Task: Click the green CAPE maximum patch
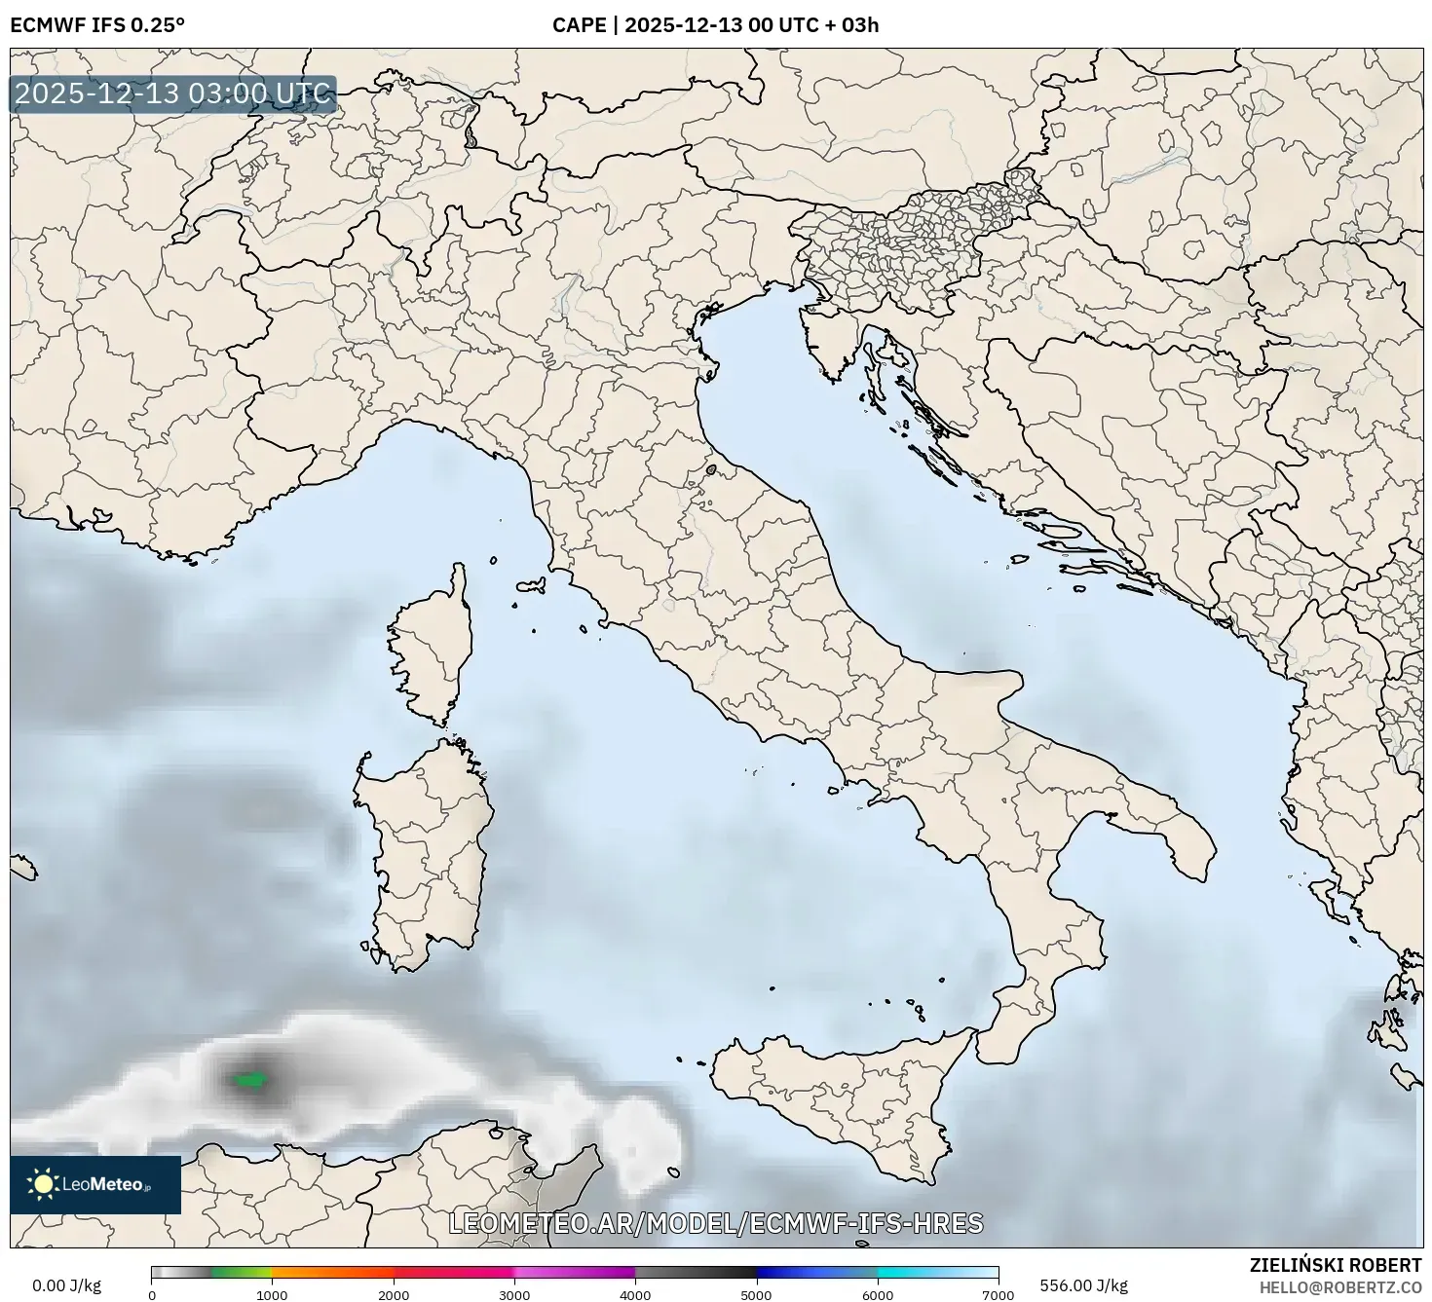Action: pyautogui.click(x=251, y=1079)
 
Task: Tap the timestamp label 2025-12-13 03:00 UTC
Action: pyautogui.click(x=172, y=94)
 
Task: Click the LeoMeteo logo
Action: pyautogui.click(x=94, y=1184)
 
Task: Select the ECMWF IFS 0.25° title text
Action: pyautogui.click(x=96, y=24)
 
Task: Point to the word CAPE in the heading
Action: pyautogui.click(x=579, y=24)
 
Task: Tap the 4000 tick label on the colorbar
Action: pyautogui.click(x=635, y=1294)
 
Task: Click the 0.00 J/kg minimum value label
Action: pyautogui.click(x=66, y=1285)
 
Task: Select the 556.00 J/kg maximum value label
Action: pyautogui.click(x=1083, y=1285)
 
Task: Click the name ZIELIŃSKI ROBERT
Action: pyautogui.click(x=1335, y=1265)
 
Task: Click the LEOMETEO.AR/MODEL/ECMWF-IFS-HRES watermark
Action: pyautogui.click(x=715, y=1223)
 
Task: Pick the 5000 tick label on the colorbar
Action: pyautogui.click(x=756, y=1294)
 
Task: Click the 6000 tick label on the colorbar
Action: pyautogui.click(x=878, y=1294)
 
